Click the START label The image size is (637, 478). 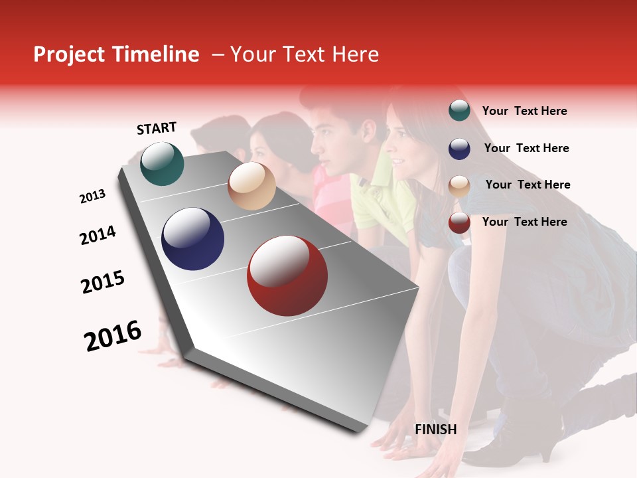coord(157,128)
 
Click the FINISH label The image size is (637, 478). coord(436,430)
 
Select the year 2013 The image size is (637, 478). coord(92,197)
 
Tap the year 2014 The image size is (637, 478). coord(98,235)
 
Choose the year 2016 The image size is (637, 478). coord(113,335)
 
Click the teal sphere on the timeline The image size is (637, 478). coord(162,163)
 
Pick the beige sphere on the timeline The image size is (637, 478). coord(251,186)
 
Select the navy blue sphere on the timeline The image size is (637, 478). coord(192,239)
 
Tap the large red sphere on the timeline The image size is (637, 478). coord(287,276)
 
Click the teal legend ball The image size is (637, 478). coord(459,110)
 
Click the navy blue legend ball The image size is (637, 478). coord(459,148)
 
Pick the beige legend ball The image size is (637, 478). coord(459,185)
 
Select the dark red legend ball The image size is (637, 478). coord(459,222)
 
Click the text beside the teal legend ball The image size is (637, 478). coord(524,112)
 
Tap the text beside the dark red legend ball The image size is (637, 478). coord(524,222)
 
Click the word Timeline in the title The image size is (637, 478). coord(155,54)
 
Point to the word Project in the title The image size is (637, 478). coord(70,54)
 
